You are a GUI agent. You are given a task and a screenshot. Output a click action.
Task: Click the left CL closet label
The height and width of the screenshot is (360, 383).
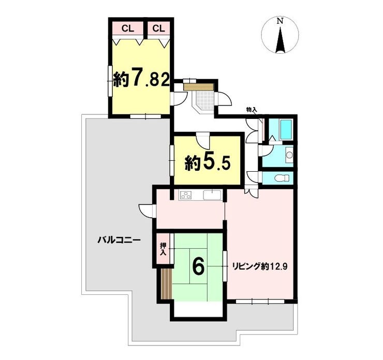(x=128, y=29)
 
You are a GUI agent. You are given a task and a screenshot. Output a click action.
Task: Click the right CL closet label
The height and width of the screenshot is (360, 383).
(x=158, y=29)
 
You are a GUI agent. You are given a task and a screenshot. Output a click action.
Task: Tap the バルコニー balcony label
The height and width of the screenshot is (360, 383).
(x=119, y=240)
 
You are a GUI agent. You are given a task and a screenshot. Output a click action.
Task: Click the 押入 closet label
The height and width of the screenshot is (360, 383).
(x=163, y=249)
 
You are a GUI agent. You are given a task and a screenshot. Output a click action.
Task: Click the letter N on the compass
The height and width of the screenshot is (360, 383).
(x=280, y=21)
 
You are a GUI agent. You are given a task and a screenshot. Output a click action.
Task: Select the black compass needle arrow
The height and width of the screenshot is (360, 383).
(x=280, y=40)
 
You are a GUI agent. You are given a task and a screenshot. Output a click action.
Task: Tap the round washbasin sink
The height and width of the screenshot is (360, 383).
(x=289, y=155)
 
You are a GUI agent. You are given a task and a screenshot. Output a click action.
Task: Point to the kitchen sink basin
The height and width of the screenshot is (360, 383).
(x=212, y=195)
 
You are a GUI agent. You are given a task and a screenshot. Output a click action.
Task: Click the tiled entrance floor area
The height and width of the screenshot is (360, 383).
(x=204, y=101)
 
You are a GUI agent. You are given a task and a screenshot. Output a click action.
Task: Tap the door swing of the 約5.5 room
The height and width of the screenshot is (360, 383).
(x=203, y=140)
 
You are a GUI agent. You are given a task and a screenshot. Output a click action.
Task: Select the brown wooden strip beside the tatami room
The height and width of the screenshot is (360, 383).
(x=167, y=284)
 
